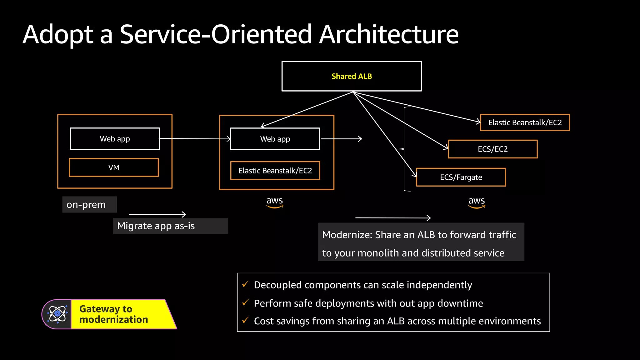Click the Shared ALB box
[352, 76]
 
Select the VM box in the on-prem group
[114, 167]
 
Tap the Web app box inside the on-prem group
[115, 139]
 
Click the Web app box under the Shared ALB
[275, 139]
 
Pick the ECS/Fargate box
[461, 177]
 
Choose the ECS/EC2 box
[492, 149]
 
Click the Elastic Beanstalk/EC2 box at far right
[525, 122]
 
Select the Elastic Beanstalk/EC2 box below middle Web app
[275, 171]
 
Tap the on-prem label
[86, 205]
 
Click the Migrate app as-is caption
[156, 226]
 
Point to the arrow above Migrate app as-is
[157, 214]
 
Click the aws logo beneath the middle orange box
[274, 202]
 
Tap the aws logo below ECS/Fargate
[476, 202]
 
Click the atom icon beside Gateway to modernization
[57, 314]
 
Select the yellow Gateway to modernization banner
[119, 314]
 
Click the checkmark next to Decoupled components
[245, 284]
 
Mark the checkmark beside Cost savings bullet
[245, 320]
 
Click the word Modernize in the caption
[347, 235]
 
